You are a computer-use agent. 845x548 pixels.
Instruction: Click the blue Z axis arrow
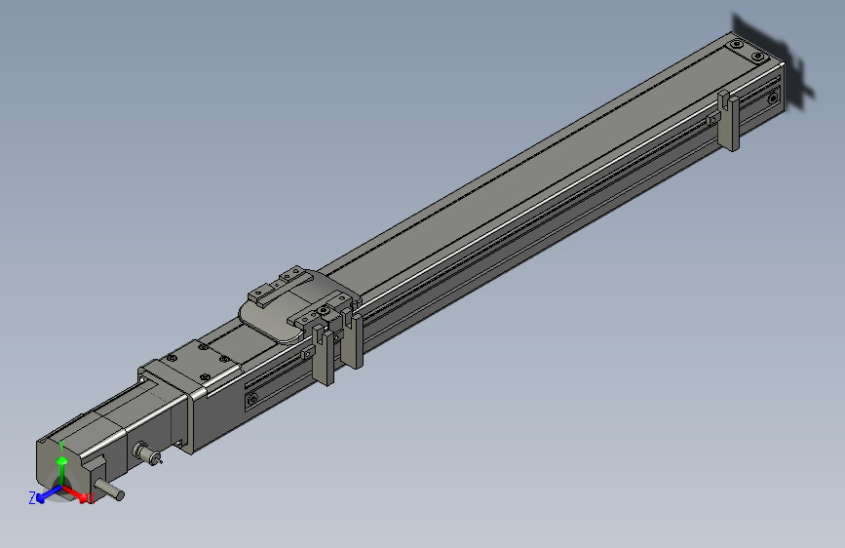pyautogui.click(x=45, y=496)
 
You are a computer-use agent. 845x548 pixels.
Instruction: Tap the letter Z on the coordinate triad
pyautogui.click(x=32, y=497)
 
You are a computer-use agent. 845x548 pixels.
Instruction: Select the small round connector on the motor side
pyautogui.click(x=147, y=453)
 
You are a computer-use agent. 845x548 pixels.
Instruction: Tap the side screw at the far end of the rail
pyautogui.click(x=773, y=98)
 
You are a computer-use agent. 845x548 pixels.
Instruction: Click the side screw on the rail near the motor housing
pyautogui.click(x=253, y=398)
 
